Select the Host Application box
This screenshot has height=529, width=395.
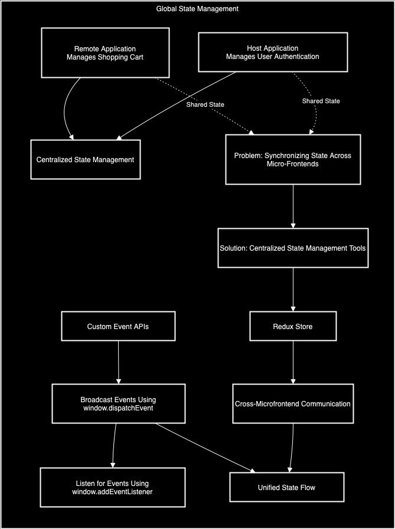[272, 52]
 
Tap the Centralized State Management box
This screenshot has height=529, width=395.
[86, 159]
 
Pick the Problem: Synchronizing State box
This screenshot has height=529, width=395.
[293, 159]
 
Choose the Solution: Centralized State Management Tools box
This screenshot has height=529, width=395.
[293, 248]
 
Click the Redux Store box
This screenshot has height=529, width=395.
[293, 326]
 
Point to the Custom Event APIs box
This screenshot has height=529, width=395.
[118, 326]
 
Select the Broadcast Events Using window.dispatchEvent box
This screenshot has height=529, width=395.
[118, 404]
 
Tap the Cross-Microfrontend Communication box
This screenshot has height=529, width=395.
[293, 404]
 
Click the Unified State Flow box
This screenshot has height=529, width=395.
[286, 488]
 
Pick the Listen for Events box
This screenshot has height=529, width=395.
[112, 488]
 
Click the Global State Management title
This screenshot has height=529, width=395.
[197, 9]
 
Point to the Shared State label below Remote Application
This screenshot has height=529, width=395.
[205, 104]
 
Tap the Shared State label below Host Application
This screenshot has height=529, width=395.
[321, 101]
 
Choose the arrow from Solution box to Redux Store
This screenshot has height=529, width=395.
[293, 289]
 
